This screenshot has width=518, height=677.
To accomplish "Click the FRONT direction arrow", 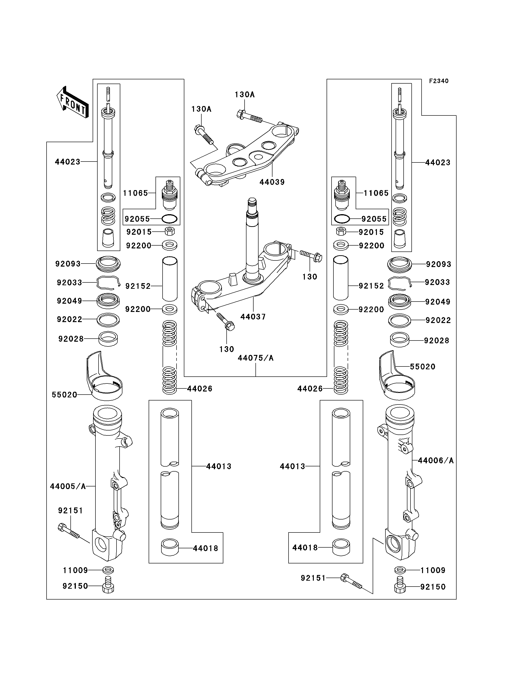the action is [x=73, y=102].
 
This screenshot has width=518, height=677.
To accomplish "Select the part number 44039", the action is [x=272, y=182].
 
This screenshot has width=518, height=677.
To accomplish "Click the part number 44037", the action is [x=253, y=317].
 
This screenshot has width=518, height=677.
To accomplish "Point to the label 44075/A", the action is [x=256, y=358].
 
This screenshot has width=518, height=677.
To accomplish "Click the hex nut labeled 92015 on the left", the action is [x=170, y=231].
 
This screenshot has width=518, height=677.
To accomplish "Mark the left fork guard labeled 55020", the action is [x=104, y=376].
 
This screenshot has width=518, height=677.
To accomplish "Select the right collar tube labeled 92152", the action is [x=341, y=278].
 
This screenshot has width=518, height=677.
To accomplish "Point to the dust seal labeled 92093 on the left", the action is [x=108, y=264].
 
